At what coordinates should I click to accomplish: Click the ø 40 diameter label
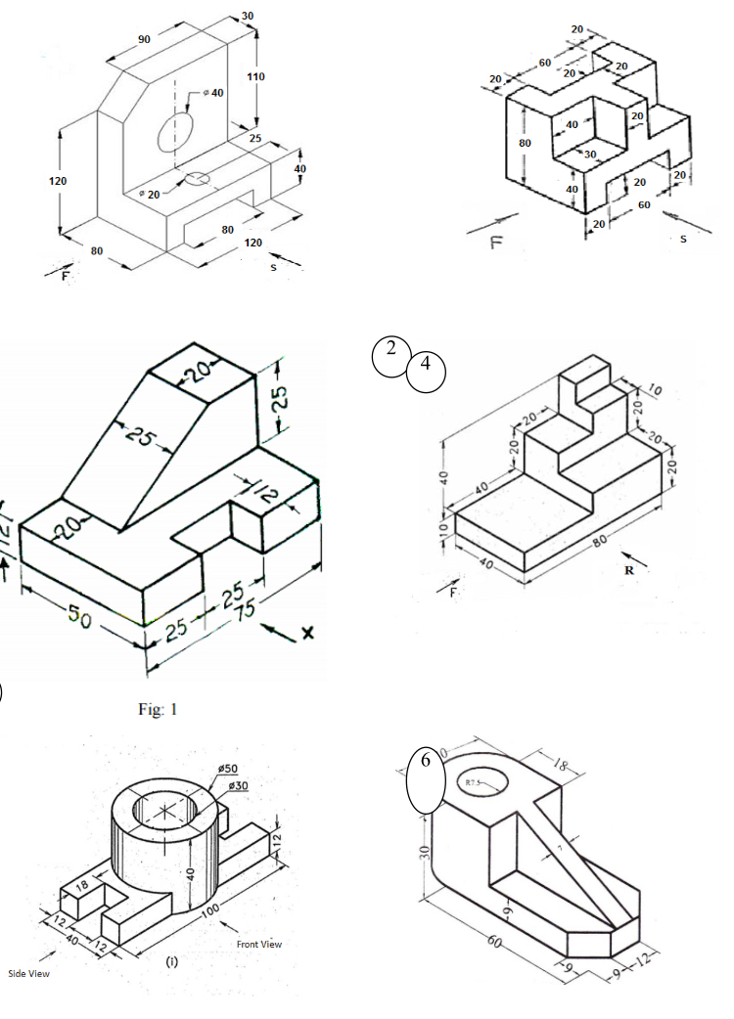(x=211, y=92)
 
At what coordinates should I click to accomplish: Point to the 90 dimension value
(x=144, y=39)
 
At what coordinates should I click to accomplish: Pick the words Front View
(x=258, y=944)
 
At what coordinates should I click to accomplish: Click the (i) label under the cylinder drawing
(x=172, y=961)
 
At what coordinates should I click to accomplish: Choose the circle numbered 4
(x=425, y=371)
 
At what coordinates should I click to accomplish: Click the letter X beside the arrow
(x=306, y=634)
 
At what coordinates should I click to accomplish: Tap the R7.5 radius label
(x=473, y=782)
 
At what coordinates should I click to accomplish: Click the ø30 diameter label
(x=237, y=785)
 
